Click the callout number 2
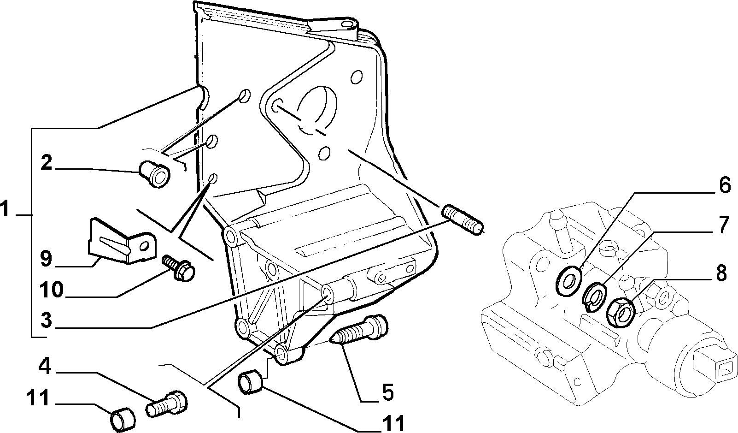coord(47,163)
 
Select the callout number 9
coord(46,259)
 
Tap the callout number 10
coord(52,290)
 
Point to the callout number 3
coord(47,320)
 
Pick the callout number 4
coord(45,367)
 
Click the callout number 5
coord(388,392)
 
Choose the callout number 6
coord(725,186)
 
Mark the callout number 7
coord(724,225)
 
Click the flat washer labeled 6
coord(569,281)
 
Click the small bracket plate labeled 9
coord(122,241)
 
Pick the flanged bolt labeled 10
coord(178,268)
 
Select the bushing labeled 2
coord(154,174)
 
